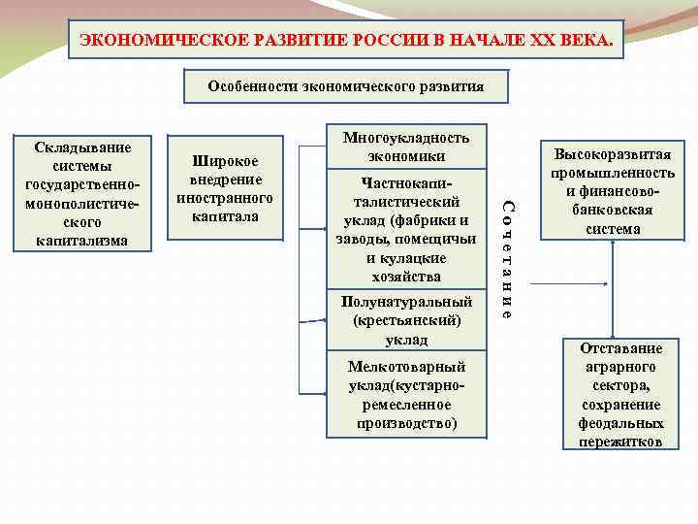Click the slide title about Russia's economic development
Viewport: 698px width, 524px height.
346,41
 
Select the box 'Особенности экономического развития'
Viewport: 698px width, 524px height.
346,86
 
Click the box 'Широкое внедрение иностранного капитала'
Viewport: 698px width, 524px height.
225,188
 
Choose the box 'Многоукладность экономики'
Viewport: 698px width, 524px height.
406,147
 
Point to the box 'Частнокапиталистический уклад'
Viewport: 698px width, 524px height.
406,229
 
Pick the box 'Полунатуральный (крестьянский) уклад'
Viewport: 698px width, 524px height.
406,320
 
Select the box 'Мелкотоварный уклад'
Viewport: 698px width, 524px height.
406,395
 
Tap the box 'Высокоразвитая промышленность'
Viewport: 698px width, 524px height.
613,192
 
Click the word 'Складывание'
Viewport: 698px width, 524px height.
82,147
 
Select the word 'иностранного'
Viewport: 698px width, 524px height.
225,197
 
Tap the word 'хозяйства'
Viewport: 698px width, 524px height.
406,278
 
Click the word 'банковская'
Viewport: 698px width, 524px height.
613,211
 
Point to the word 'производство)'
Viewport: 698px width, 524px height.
406,423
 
